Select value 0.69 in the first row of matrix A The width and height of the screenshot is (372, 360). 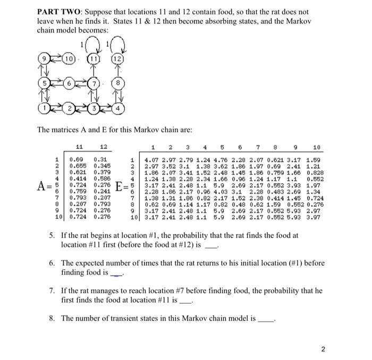tap(78, 160)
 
